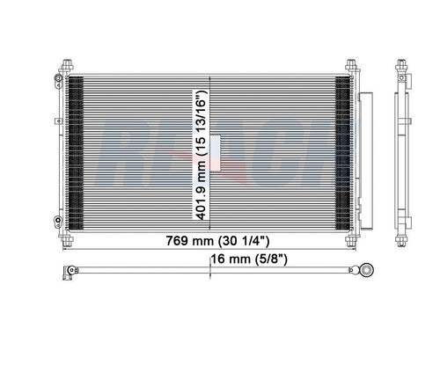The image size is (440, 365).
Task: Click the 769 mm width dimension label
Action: [217, 241]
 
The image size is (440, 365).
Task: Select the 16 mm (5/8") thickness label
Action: [249, 259]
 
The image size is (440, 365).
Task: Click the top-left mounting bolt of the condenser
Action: [68, 65]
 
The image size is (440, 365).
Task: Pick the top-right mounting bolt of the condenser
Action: [351, 65]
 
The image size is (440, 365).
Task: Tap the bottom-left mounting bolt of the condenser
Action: [68, 241]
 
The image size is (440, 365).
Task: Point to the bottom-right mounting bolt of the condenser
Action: [351, 241]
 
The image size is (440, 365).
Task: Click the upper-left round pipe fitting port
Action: [58, 78]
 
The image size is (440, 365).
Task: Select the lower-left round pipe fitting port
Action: [58, 220]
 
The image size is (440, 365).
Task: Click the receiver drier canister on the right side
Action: [366, 161]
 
